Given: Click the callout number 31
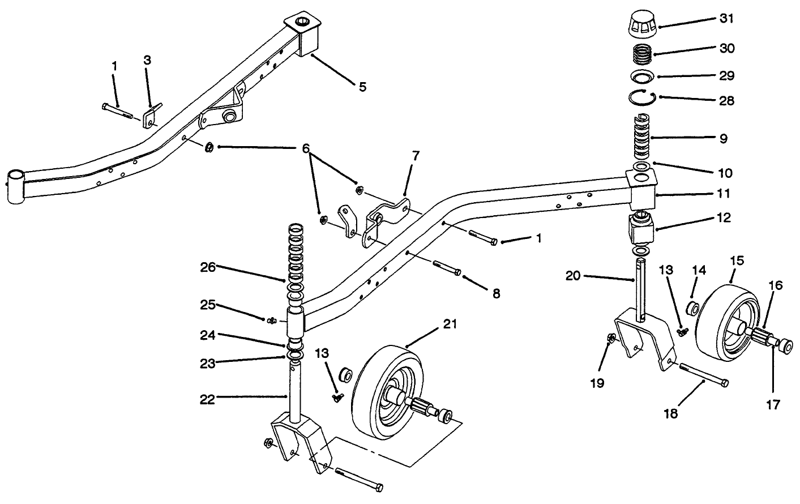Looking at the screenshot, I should pyautogui.click(x=727, y=19).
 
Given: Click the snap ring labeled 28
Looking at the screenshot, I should pyautogui.click(x=641, y=98).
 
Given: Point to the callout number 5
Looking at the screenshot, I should pyautogui.click(x=362, y=87).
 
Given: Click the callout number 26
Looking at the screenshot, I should pyautogui.click(x=208, y=267).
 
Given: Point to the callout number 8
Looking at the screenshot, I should pyautogui.click(x=496, y=293).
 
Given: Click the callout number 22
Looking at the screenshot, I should pyautogui.click(x=207, y=399).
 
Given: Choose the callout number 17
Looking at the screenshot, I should pyautogui.click(x=773, y=404).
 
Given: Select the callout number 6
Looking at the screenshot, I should pyautogui.click(x=306, y=148).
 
